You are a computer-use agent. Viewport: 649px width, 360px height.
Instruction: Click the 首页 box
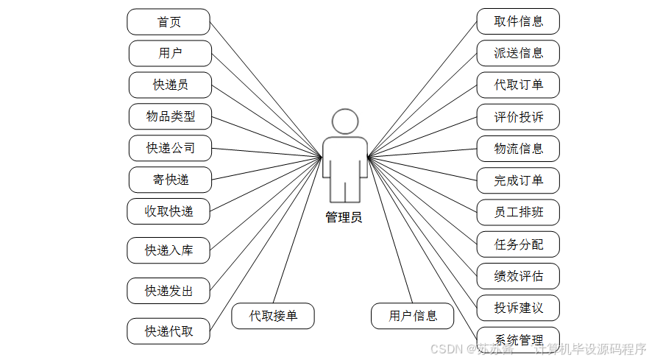[x=169, y=22]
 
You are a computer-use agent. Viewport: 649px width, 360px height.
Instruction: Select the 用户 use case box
[x=170, y=54]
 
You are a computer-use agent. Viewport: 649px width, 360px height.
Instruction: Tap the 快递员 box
[x=170, y=85]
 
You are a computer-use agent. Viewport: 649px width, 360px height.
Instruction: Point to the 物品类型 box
[x=170, y=117]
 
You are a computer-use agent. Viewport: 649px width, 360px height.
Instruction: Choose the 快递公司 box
[x=170, y=149]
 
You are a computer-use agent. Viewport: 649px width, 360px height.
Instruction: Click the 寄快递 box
[x=170, y=180]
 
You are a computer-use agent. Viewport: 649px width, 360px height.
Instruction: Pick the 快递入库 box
[x=169, y=251]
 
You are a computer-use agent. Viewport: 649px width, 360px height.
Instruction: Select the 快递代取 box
[x=169, y=331]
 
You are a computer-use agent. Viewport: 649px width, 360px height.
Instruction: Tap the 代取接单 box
[x=273, y=317]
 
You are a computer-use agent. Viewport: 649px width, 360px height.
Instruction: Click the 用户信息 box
[x=413, y=317]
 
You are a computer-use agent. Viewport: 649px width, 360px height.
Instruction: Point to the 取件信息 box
[x=518, y=21]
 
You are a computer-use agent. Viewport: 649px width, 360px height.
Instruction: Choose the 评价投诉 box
[x=518, y=117]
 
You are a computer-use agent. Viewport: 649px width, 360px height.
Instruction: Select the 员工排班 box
[x=518, y=213]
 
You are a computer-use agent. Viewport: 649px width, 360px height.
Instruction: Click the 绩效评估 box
[x=518, y=277]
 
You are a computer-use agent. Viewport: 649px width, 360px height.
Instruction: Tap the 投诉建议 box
[x=518, y=308]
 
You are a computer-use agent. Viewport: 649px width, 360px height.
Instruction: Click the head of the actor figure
[x=344, y=121]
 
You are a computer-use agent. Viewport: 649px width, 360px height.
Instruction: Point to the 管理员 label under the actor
[x=344, y=218]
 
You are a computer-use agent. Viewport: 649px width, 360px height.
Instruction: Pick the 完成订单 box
[x=518, y=180]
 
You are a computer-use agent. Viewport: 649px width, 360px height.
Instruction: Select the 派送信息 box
[x=518, y=53]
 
